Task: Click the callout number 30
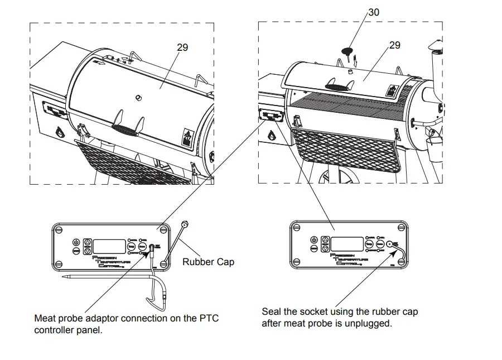[374, 12]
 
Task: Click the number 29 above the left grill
[182, 47]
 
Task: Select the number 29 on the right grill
[394, 45]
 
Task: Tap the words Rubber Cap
[208, 261]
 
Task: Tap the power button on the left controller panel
[76, 242]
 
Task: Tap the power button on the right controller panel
[313, 239]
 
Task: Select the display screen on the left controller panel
[109, 245]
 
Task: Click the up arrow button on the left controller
[88, 242]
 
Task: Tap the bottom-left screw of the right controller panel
[298, 260]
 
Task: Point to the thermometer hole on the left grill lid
[138, 98]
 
